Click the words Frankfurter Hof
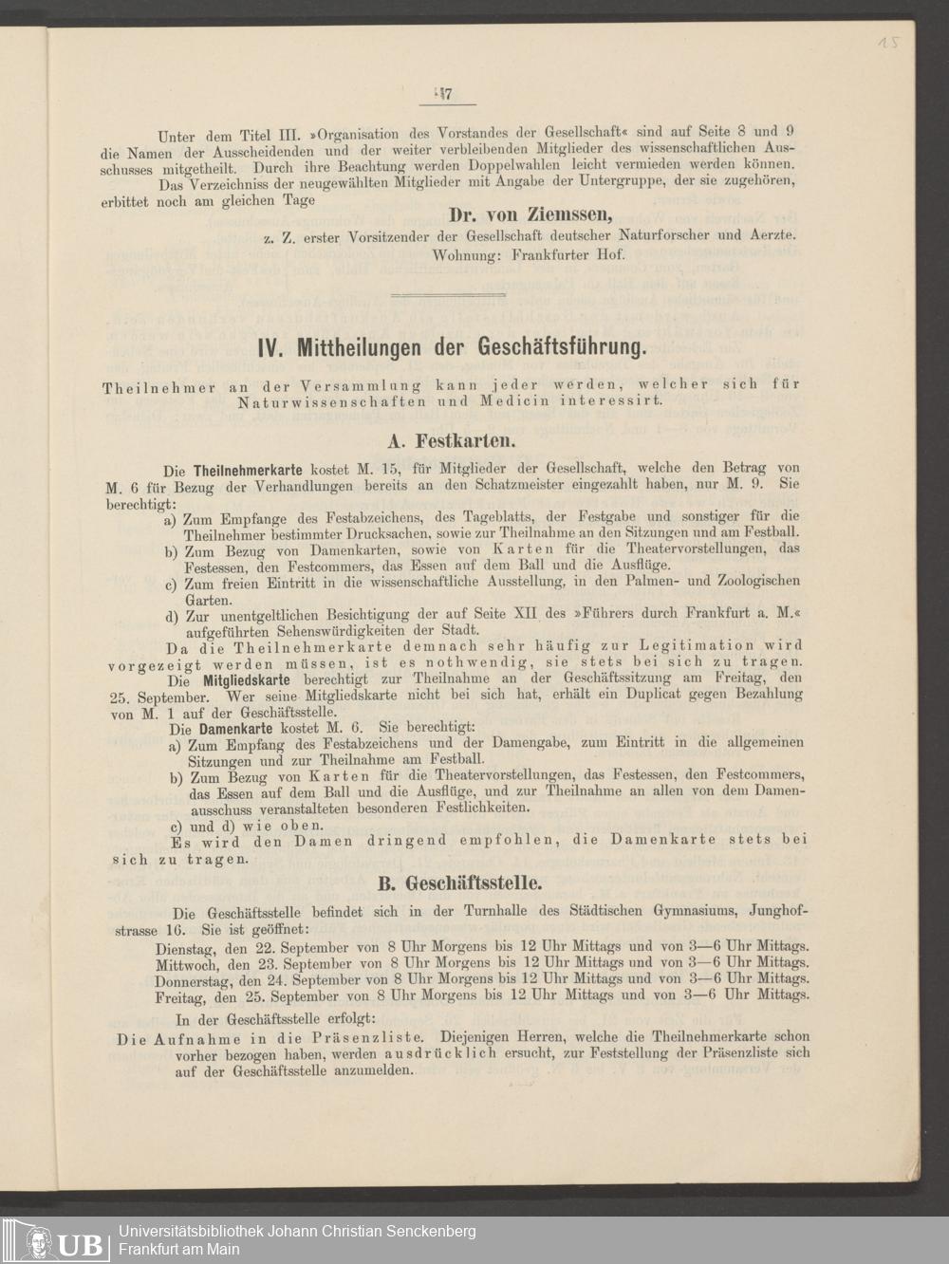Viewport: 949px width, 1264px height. pyautogui.click(x=568, y=255)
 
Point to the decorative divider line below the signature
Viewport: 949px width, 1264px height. pyautogui.click(x=447, y=295)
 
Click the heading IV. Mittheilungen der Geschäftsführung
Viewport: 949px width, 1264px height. pyautogui.click(x=453, y=347)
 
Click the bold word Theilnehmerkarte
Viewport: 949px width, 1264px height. pyautogui.click(x=248, y=469)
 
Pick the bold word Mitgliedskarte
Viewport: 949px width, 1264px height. pyautogui.click(x=249, y=680)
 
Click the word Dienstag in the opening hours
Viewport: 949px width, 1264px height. pyautogui.click(x=185, y=946)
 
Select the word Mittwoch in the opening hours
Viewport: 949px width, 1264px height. pyautogui.click(x=187, y=963)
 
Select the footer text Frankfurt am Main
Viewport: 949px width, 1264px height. pyautogui.click(x=178, y=1249)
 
